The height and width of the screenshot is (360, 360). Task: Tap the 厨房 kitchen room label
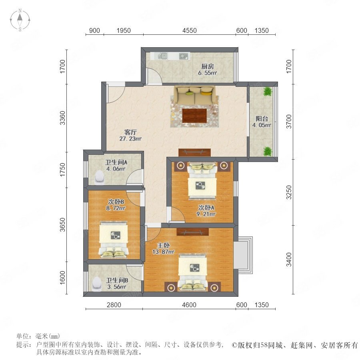208,66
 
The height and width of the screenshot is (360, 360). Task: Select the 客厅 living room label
130,132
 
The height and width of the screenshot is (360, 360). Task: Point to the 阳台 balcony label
262,119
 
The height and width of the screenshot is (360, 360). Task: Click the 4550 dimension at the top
190,30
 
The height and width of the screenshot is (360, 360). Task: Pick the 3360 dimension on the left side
62,118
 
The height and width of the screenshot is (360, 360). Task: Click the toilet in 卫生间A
100,177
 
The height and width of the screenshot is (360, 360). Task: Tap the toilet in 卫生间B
97,284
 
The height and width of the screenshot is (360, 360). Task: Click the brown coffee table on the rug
194,116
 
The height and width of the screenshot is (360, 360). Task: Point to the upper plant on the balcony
268,91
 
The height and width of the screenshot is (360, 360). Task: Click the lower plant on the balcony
268,152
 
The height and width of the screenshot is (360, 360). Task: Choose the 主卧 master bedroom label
164,245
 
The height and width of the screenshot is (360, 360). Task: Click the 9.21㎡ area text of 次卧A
206,214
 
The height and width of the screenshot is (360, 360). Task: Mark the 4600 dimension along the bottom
189,305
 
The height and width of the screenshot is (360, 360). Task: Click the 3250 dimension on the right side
289,192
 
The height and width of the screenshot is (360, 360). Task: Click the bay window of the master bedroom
243,255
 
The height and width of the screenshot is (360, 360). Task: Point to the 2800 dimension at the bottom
114,305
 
